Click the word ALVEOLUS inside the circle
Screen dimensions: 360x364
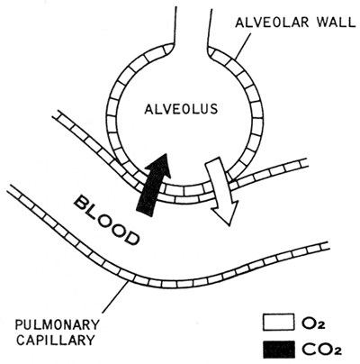coord(181,109)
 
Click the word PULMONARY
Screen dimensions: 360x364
coord(57,325)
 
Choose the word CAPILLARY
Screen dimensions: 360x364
coord(55,341)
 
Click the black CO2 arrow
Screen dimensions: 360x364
coord(154,184)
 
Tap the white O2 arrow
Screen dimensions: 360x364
coord(222,191)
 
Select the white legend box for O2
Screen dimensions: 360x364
coord(278,323)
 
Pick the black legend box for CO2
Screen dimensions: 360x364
coord(278,350)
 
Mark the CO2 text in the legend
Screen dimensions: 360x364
coord(321,350)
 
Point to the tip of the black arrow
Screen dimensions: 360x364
coord(166,154)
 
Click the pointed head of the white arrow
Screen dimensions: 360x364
coord(229,224)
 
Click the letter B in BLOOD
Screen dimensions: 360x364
coord(82,204)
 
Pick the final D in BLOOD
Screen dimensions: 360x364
coord(131,237)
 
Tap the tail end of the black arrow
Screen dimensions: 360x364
coord(145,213)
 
